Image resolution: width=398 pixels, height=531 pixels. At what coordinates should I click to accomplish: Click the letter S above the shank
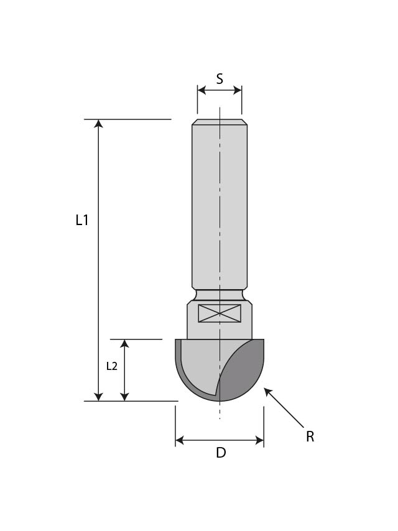pos(220,78)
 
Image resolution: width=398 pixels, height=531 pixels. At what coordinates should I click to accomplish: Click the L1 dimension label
pos(82,219)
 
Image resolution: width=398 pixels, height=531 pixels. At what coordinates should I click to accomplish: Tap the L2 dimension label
pos(112,366)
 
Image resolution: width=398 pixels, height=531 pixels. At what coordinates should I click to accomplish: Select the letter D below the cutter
pos(221,453)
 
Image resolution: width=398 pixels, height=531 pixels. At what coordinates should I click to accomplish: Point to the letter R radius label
pos(310,437)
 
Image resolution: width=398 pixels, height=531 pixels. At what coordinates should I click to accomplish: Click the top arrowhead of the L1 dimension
pos(98,124)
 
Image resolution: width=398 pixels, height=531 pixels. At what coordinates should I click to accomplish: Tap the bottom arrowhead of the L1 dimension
pos(98,396)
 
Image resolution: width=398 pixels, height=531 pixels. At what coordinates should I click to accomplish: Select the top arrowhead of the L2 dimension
pos(125,344)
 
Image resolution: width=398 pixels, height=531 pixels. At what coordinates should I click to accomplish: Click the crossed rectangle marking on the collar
pos(220,313)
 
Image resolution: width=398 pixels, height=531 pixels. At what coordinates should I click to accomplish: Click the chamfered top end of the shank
pos(220,122)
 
